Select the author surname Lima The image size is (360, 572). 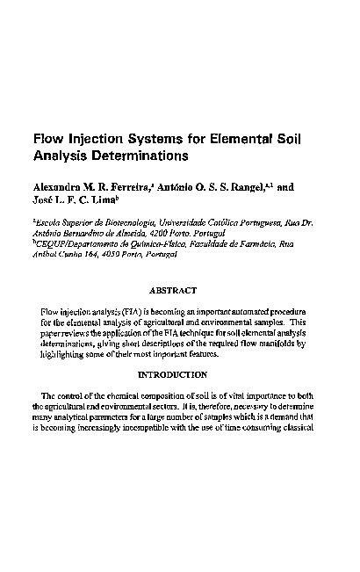(x=104, y=201)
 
